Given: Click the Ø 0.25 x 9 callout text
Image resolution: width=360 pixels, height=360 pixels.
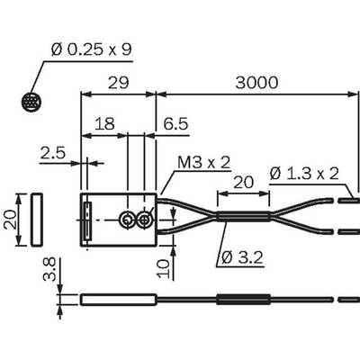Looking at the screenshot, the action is tap(92, 49).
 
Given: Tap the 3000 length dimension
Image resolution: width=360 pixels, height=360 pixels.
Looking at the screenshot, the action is tap(256, 83).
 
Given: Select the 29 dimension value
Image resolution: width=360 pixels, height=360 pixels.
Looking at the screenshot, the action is tap(118, 83).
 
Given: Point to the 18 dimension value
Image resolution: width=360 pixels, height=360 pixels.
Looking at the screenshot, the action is tap(104, 123).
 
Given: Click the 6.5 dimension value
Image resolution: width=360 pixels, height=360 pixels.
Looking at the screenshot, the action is tap(175, 123).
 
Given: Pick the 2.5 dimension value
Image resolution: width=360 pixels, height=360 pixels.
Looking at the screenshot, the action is tap(53, 153).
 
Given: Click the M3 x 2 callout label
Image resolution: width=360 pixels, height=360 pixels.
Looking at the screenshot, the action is tap(204, 163).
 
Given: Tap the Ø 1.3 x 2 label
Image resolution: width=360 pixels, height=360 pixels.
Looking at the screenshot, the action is tap(304, 174).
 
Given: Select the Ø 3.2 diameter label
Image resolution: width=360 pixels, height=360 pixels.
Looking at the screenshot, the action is tap(242, 257).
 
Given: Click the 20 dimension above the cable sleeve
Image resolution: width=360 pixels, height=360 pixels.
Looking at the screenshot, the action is tap(243, 182).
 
